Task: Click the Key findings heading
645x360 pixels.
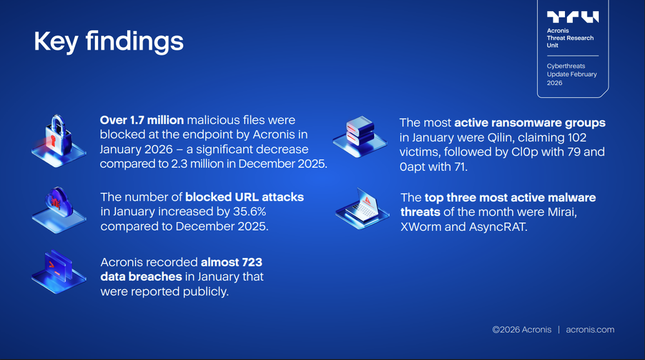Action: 108,41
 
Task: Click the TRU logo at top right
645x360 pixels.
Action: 572,17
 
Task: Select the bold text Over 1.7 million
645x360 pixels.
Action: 142,120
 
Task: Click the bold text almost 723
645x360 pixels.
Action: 232,263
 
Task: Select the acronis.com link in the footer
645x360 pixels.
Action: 590,329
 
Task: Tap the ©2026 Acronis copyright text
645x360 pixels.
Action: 522,329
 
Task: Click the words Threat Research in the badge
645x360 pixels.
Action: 570,38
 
